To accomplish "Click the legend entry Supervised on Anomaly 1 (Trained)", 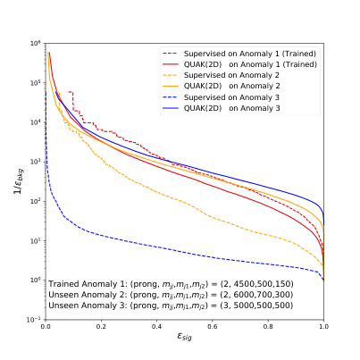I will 250,55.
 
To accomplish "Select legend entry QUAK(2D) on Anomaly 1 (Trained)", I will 250,66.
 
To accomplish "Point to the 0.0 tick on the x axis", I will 46,328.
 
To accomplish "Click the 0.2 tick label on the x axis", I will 101,328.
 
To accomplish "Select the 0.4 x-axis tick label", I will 156,328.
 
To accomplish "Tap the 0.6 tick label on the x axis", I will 212,328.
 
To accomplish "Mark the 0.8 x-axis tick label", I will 267,328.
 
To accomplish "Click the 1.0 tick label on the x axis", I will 322,328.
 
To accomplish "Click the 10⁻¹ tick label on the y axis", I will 34,320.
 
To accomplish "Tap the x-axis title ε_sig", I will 184,340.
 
